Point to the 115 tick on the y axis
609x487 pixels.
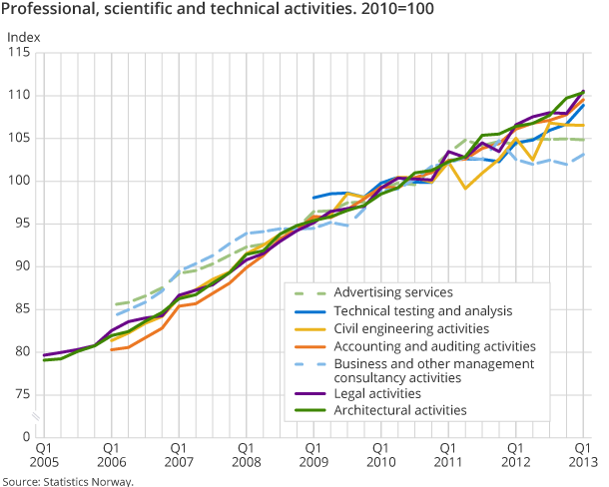click(x=20, y=53)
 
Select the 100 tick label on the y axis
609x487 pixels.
click(x=20, y=182)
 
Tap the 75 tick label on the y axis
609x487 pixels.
click(x=23, y=395)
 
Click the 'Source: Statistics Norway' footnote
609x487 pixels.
click(x=67, y=480)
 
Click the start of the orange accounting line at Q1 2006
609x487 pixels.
click(x=111, y=349)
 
